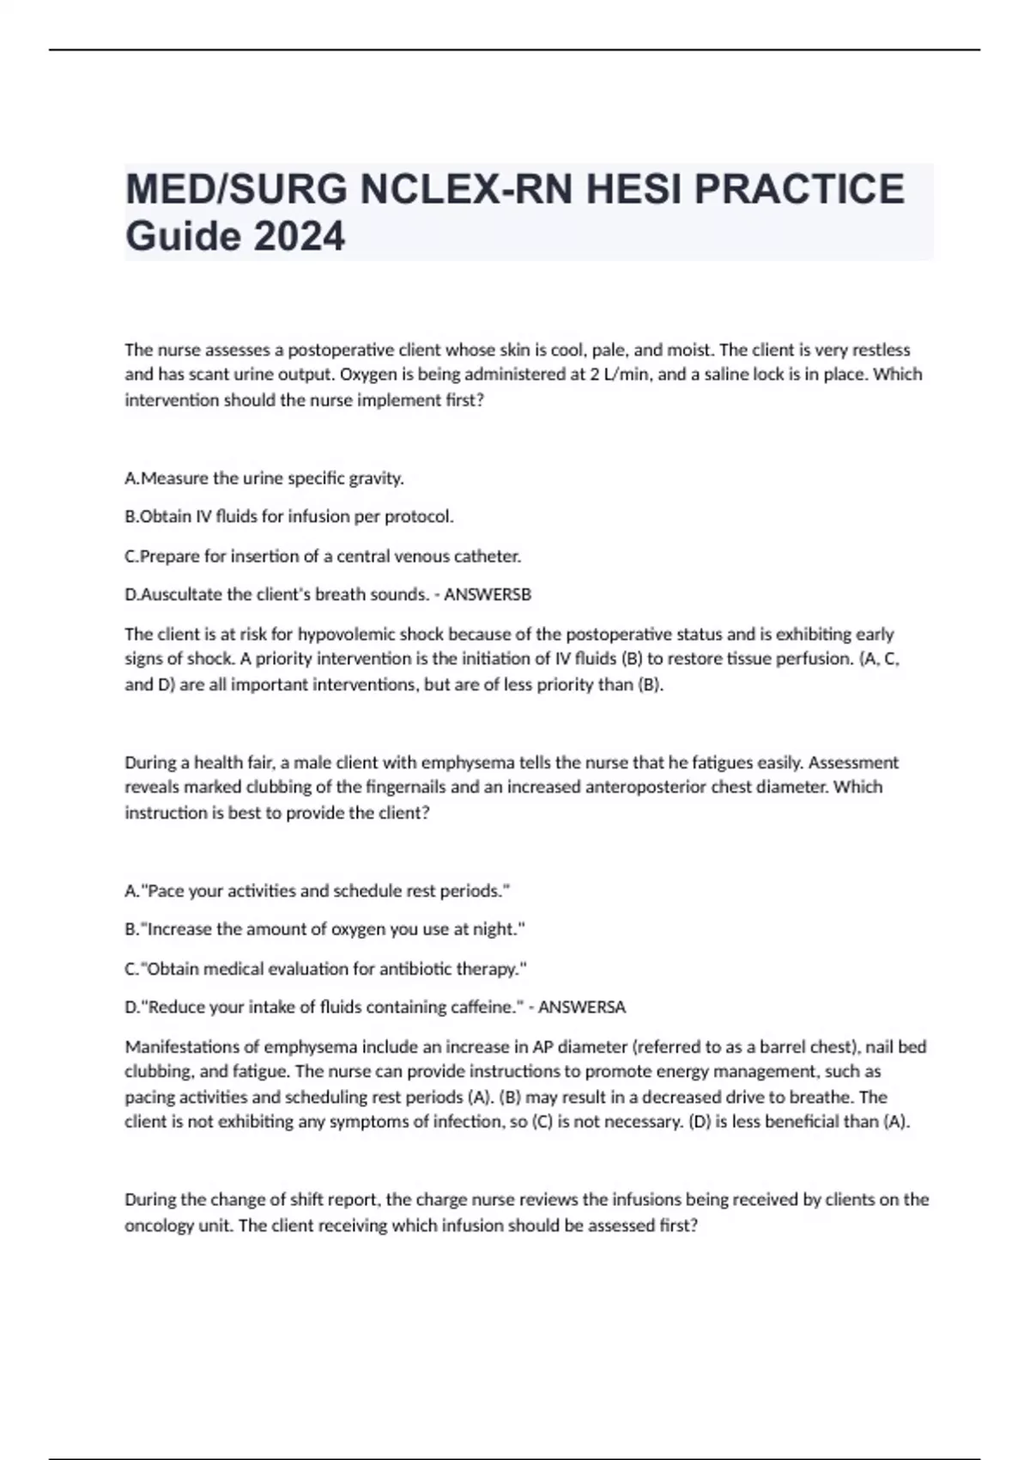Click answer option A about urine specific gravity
tap(264, 478)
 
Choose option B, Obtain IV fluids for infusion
tap(289, 516)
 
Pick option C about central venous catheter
tap(323, 556)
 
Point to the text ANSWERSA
tap(582, 1007)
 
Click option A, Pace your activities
tap(318, 891)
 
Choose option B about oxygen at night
tap(324, 929)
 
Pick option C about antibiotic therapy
tap(325, 969)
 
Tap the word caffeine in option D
tap(483, 1007)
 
